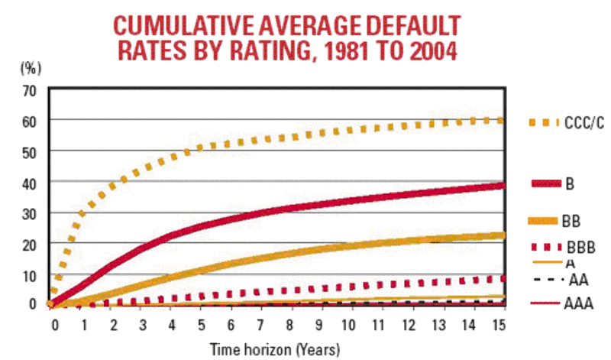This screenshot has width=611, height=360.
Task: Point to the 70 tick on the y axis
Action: (29, 90)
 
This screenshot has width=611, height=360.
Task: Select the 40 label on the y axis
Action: (29, 182)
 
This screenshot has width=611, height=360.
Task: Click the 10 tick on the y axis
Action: (29, 274)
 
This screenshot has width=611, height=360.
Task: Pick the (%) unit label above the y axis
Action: (29, 66)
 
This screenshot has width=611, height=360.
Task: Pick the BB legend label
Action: (571, 222)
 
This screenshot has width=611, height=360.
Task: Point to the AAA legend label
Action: (580, 304)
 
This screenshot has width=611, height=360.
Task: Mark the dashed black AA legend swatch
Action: (544, 282)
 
